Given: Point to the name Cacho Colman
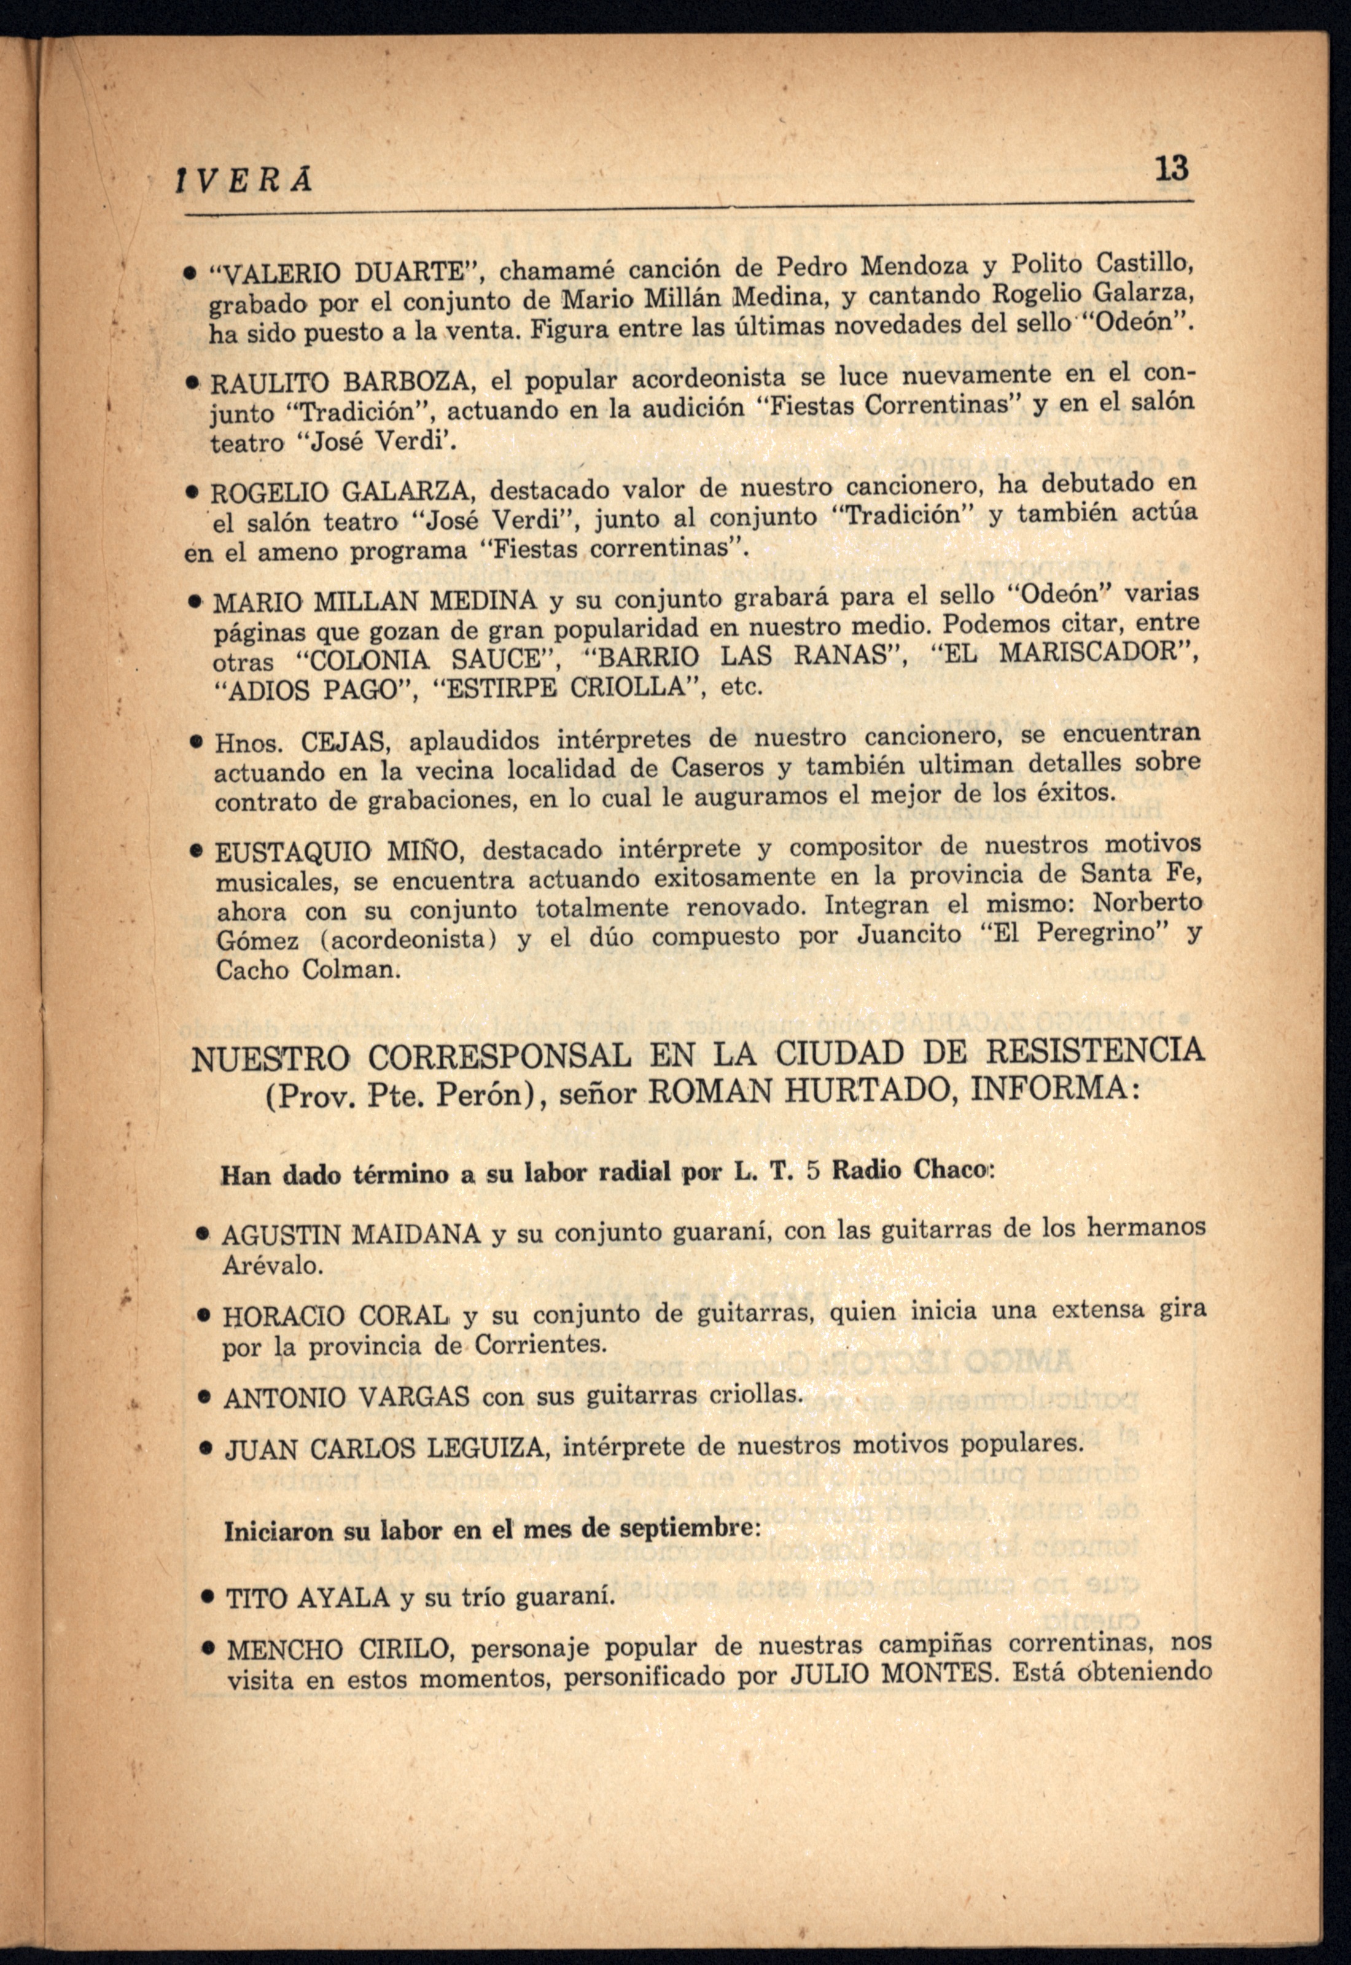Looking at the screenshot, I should pos(306,970).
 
